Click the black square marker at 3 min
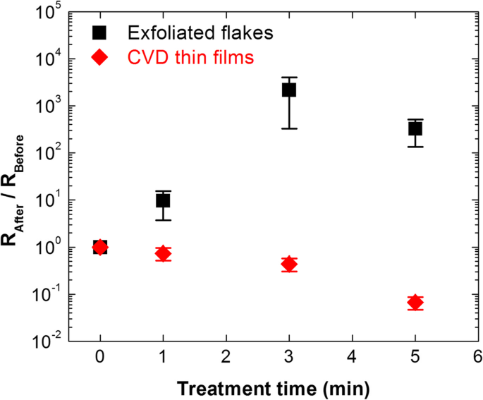pos(289,90)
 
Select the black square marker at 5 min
pos(415,129)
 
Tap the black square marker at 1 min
pos(163,200)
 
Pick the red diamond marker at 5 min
pos(415,303)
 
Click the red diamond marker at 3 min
pos(289,264)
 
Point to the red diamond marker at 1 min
pos(163,253)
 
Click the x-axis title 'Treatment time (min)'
pos(273,387)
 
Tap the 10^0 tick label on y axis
pos(51,247)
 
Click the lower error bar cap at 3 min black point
pos(289,128)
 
